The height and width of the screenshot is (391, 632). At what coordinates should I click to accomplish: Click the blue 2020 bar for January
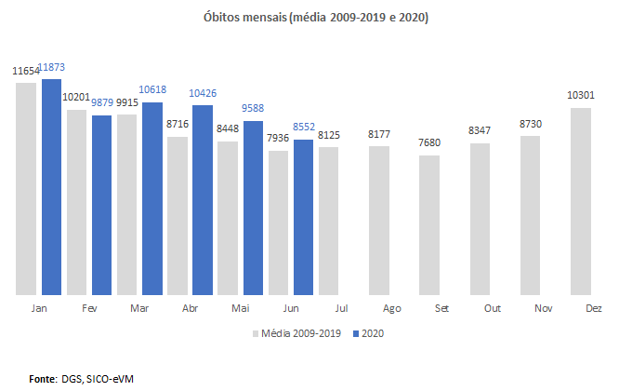51,186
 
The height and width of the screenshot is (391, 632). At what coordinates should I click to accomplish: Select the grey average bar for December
579,201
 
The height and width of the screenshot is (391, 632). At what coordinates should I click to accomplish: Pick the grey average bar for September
428,224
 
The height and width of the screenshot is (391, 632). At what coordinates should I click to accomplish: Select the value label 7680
429,142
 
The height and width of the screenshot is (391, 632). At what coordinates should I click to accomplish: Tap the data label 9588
253,107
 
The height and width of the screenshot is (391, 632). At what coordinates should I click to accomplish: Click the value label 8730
530,123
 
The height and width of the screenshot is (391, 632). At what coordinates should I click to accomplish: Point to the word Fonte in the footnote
44,379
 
